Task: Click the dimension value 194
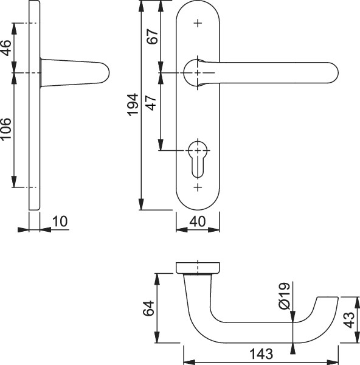click(x=133, y=105)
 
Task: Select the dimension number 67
click(x=153, y=36)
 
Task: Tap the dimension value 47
click(x=151, y=103)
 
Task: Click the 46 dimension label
click(x=6, y=48)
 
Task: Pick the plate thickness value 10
click(x=60, y=221)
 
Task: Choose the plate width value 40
click(x=198, y=221)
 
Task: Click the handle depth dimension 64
click(x=148, y=308)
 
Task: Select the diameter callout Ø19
click(x=285, y=296)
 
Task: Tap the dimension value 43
click(x=350, y=320)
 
